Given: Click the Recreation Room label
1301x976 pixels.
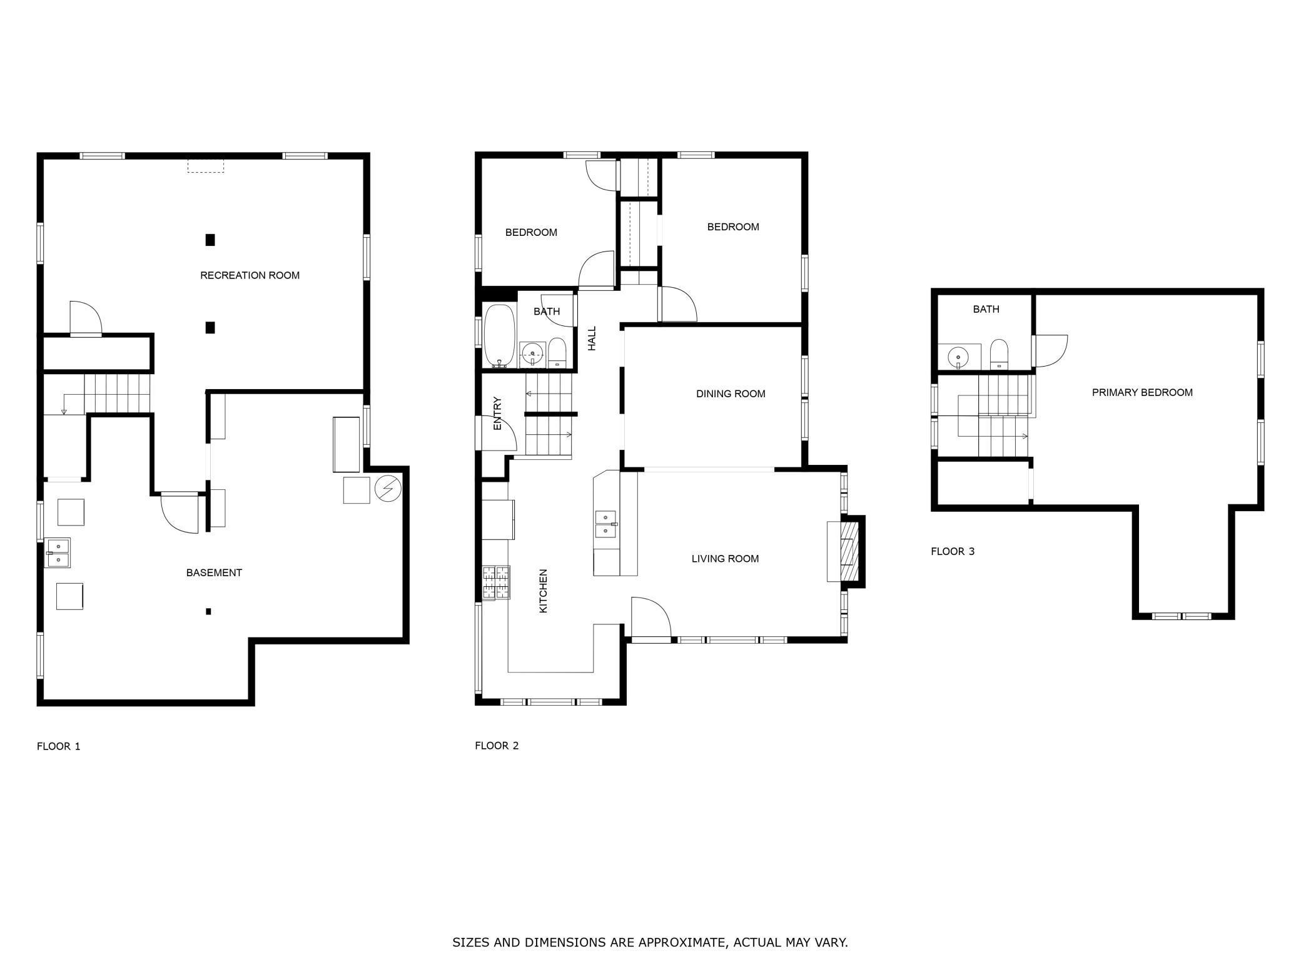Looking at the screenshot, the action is click(250, 275).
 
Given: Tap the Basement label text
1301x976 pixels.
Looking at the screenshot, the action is click(214, 572).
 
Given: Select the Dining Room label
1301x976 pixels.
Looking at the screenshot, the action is click(731, 394).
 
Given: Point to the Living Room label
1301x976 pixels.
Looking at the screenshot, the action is click(725, 559).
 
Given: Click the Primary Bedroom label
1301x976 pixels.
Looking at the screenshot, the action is click(1142, 392).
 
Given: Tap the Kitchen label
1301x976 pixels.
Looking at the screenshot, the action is click(543, 591).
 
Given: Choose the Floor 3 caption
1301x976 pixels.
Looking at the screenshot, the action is click(953, 551).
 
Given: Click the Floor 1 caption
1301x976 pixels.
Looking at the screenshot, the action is click(59, 746).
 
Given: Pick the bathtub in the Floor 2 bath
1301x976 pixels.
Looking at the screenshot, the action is click(499, 336).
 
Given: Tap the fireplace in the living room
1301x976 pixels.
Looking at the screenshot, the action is click(847, 551).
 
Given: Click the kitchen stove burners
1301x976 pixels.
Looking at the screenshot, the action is click(496, 583).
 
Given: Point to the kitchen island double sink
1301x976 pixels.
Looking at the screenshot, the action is click(605, 524).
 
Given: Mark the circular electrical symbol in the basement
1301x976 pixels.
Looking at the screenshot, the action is click(388, 489).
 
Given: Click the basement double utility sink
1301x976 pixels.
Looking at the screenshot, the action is click(58, 552).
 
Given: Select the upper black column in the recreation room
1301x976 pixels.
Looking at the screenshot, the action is click(210, 240).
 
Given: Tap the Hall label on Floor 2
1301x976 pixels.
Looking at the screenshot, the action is click(592, 338).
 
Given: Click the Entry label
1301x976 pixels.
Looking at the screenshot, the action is click(498, 413).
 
